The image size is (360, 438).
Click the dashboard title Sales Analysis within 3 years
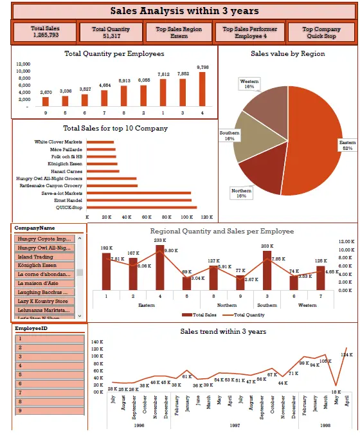tap(184, 10)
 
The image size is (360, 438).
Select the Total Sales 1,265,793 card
tap(44, 32)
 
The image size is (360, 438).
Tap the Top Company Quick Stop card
tap(321, 32)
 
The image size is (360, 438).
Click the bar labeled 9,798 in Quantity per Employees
tap(203, 89)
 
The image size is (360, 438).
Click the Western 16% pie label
tap(249, 84)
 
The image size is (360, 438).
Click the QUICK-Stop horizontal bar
tap(141, 207)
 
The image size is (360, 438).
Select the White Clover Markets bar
tap(100, 141)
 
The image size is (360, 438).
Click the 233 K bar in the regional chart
tap(160, 268)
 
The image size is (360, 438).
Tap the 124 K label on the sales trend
tap(347, 355)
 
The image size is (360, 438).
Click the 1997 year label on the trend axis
tap(235, 425)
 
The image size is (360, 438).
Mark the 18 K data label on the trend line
tap(336, 392)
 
